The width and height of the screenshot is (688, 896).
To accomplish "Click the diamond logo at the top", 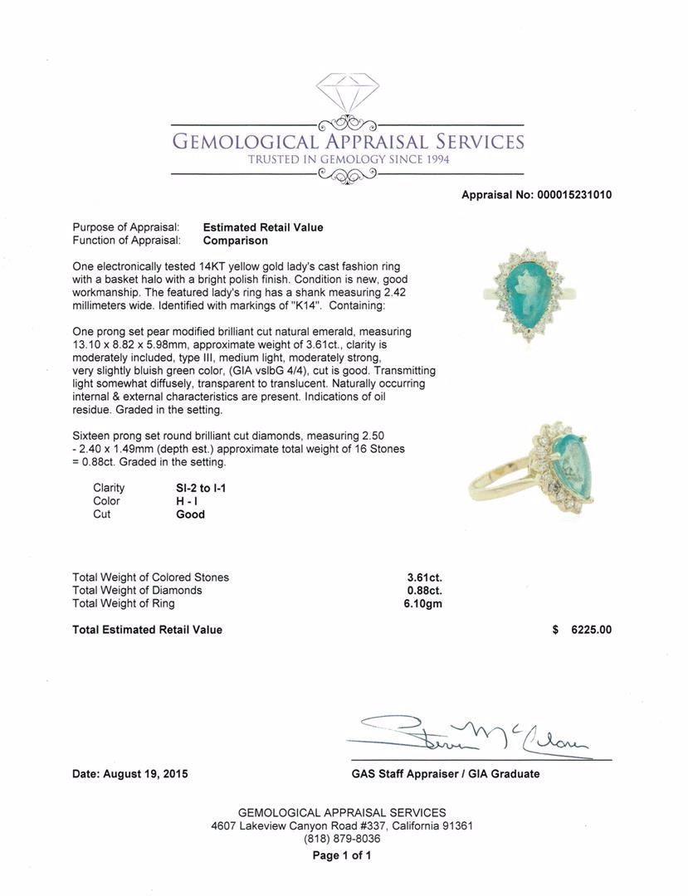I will (x=347, y=92).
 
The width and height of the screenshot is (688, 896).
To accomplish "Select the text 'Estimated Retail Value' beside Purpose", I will (x=263, y=227).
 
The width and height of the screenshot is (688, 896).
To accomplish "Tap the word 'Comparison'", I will (x=236, y=241).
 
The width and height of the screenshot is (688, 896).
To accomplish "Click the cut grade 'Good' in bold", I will (x=190, y=514).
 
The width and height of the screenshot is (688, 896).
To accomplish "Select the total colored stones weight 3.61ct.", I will (x=424, y=577).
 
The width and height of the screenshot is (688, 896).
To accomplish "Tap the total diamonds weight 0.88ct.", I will (x=424, y=591).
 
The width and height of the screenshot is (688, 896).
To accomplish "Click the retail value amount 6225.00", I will (x=591, y=630).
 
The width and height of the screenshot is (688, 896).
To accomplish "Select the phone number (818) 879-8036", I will (x=342, y=839).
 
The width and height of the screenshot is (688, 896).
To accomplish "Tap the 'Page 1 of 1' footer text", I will (x=342, y=855).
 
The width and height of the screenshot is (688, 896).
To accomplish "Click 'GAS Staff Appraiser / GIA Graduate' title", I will (x=445, y=774).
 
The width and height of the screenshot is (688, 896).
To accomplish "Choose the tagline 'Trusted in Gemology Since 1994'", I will (x=349, y=159).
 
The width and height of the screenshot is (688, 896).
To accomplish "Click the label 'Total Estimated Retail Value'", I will (x=148, y=630).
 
